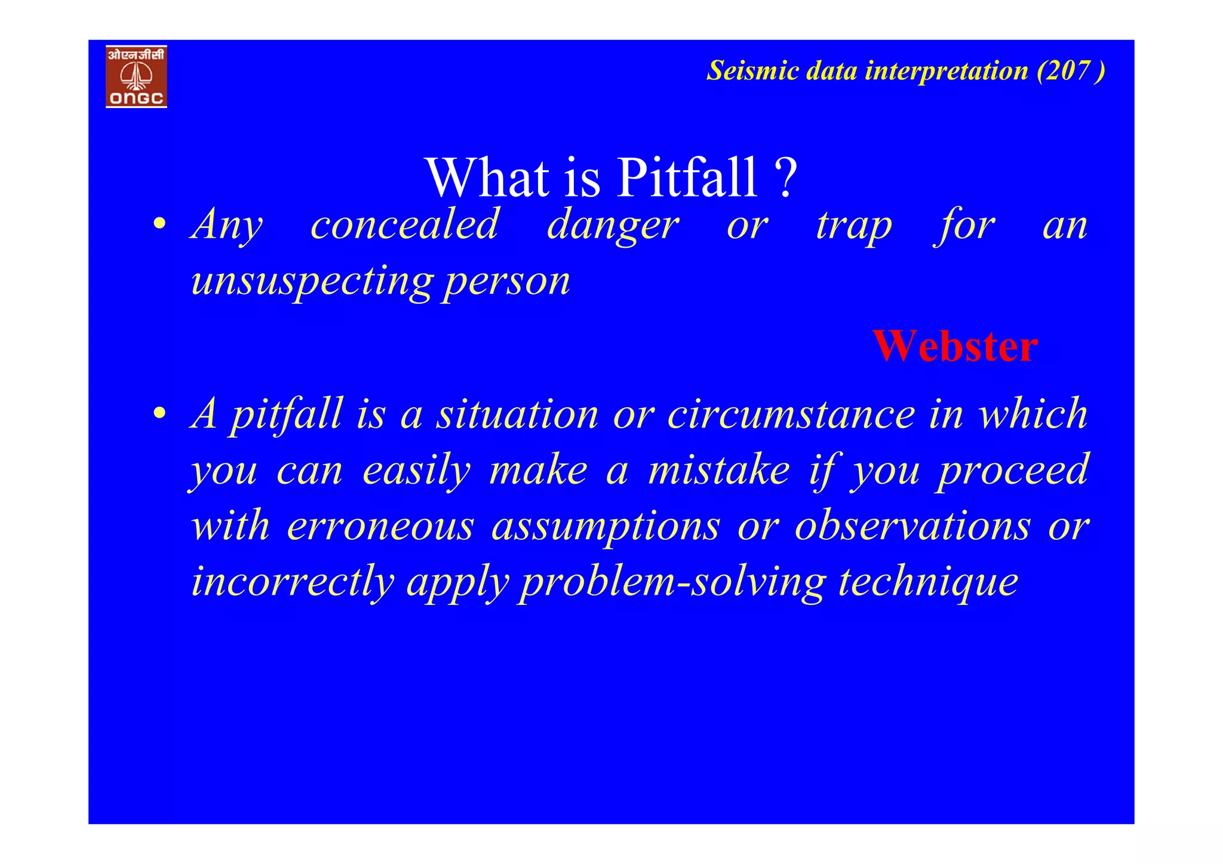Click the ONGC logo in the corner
click(x=136, y=76)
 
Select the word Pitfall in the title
click(x=687, y=177)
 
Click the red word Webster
click(x=954, y=346)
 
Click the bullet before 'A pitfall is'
click(x=159, y=413)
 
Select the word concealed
click(x=404, y=225)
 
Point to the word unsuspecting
click(x=311, y=281)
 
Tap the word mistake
click(x=719, y=469)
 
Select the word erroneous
click(x=380, y=526)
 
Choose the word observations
click(x=912, y=526)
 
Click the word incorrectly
click(x=293, y=582)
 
